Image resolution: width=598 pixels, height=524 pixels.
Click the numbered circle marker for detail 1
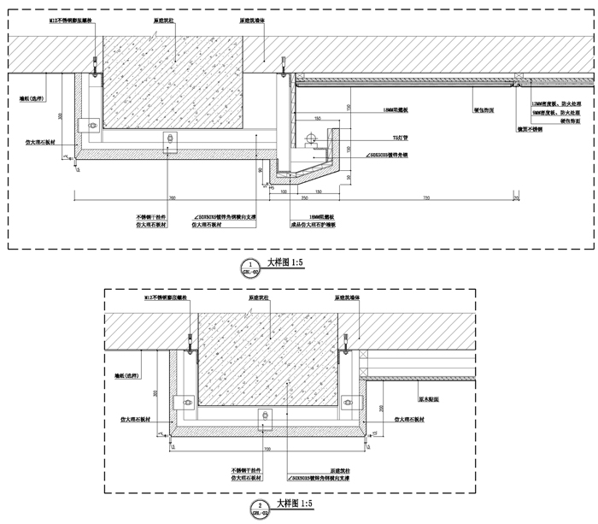pos(248,264)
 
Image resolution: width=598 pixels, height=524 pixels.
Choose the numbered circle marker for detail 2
pos(259,509)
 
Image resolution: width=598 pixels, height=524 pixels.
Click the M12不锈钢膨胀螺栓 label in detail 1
pos(69,17)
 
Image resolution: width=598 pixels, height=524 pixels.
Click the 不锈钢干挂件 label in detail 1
pos(150,217)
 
